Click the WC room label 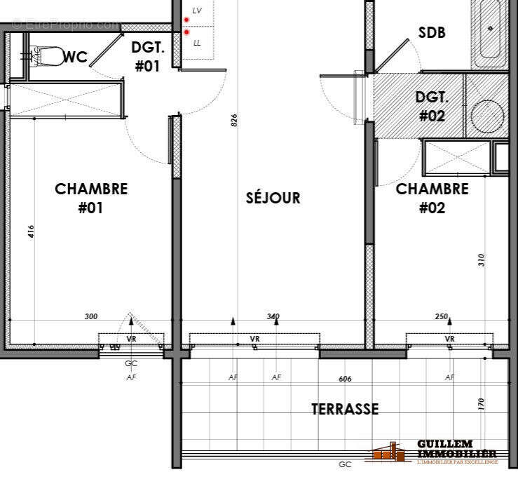pos(76,58)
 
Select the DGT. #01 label pos(147,57)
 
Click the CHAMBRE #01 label pos(91,198)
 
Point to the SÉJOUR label pos(273,198)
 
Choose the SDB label pos(432,32)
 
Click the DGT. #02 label pos(431,107)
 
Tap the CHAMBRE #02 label pos(432,198)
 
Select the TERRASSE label pos(345,409)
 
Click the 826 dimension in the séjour pos(234,121)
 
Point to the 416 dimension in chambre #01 pos(32,232)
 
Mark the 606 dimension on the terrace pos(345,379)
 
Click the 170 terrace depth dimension pos(482,405)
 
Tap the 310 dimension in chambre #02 pos(482,260)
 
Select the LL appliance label pos(197,43)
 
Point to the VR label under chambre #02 pos(449,340)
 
